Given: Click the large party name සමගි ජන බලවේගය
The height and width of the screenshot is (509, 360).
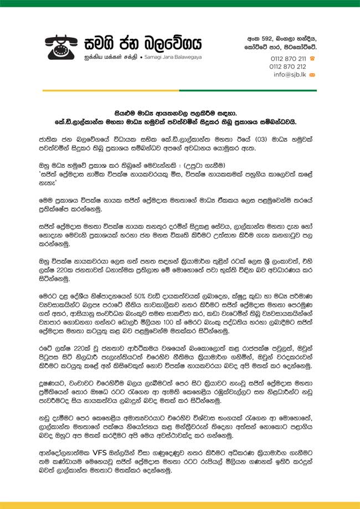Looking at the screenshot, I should pyautogui.click(x=143, y=43).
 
